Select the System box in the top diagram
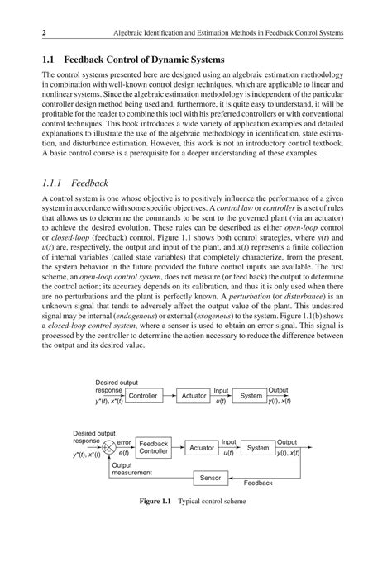click(x=251, y=396)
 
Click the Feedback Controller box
click(x=153, y=447)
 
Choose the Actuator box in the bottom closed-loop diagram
click(x=201, y=448)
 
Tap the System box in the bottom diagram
click(x=258, y=447)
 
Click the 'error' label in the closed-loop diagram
click(x=125, y=442)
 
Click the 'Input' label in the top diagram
click(x=222, y=390)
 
